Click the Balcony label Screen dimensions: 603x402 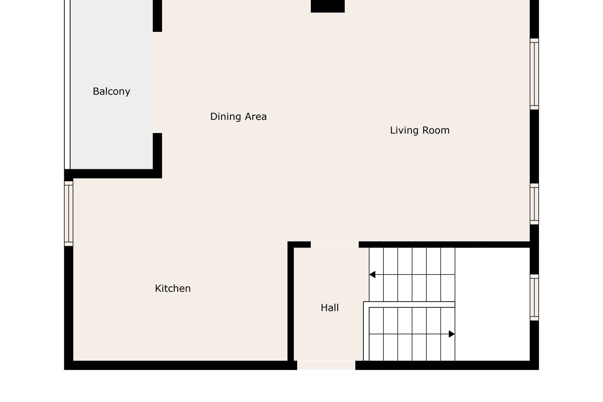point(111,91)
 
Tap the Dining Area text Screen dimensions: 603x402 point(238,116)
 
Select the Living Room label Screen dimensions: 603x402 point(420,130)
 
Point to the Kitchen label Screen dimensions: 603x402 point(173,288)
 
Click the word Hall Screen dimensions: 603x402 point(330,308)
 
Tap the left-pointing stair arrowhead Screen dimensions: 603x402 point(372,274)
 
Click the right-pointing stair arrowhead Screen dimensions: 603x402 point(452,334)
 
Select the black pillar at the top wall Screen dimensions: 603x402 point(328,6)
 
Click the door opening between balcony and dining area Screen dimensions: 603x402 point(157,82)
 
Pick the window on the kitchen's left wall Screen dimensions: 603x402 point(69,214)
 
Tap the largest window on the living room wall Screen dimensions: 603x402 point(534,74)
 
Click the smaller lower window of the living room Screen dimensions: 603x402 point(534,204)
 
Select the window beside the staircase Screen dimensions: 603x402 point(534,297)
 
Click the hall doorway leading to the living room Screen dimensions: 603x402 point(335,245)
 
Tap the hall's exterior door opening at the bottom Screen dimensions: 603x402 point(326,365)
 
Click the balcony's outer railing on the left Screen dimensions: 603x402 point(67,84)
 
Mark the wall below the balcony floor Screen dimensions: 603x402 point(113,174)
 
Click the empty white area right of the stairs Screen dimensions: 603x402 point(492,304)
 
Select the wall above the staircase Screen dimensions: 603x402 point(444,245)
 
